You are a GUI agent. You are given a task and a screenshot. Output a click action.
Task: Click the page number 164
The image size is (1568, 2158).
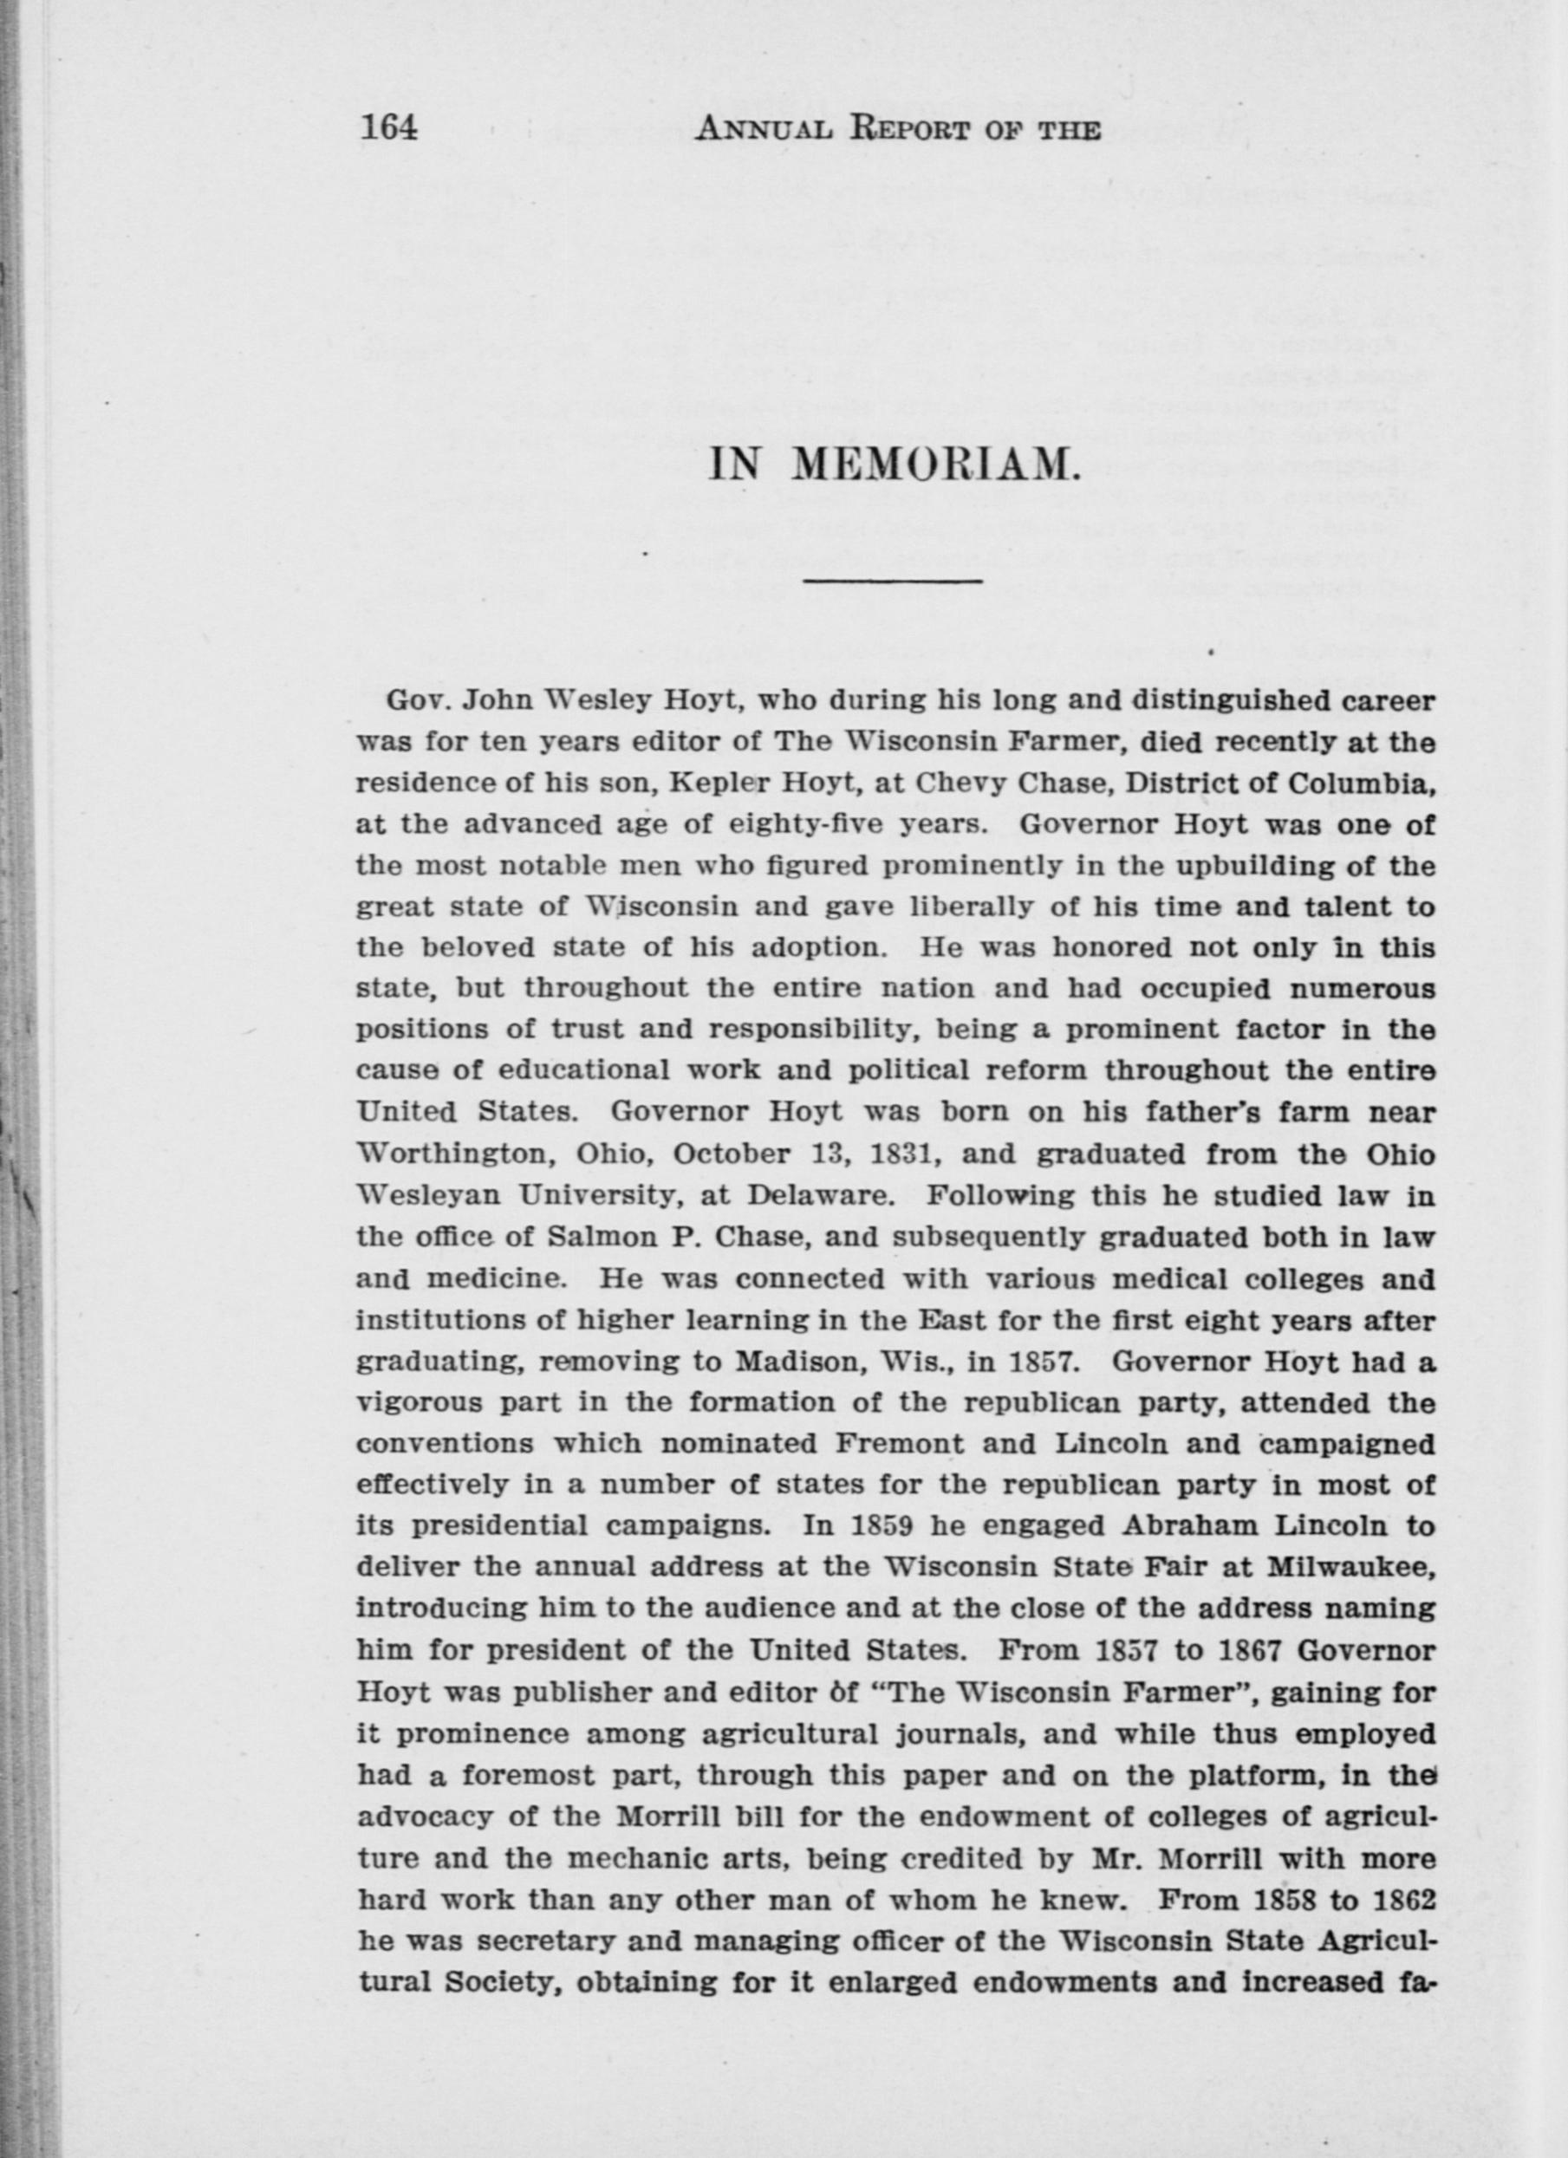pyautogui.click(x=389, y=127)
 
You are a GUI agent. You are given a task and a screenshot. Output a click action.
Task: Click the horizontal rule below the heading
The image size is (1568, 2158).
pyautogui.click(x=893, y=580)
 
